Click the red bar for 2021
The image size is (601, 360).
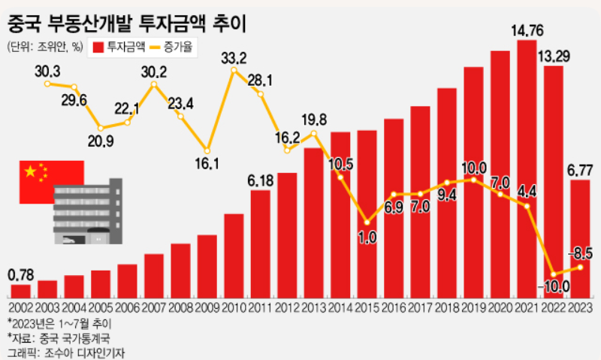coord(527,169)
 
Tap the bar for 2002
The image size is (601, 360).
coord(20,291)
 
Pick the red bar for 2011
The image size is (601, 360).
coord(260,244)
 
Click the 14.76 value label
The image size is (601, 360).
coord(527,32)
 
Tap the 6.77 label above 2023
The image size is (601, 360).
coord(580,170)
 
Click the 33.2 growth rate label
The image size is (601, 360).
coord(234,59)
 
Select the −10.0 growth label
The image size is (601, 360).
coord(554,286)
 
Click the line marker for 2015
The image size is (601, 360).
coord(367,222)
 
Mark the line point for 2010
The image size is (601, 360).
coord(234,71)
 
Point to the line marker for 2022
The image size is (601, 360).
coord(554,274)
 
